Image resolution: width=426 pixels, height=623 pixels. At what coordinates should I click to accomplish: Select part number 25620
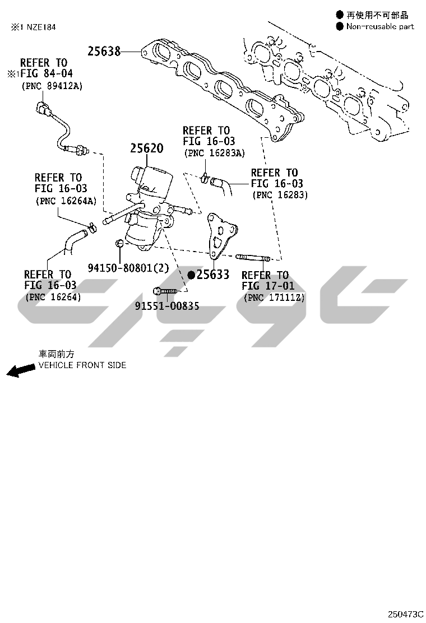click(147, 148)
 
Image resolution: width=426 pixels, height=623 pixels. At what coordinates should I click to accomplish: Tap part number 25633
click(213, 275)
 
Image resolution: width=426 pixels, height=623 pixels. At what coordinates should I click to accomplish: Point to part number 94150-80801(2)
click(128, 268)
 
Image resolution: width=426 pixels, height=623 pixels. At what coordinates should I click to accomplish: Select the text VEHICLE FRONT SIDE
click(82, 365)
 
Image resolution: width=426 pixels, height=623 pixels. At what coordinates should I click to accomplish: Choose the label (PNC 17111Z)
click(274, 297)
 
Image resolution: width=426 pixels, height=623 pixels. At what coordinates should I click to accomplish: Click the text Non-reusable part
click(380, 26)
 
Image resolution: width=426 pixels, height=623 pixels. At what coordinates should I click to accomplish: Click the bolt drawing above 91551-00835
click(164, 291)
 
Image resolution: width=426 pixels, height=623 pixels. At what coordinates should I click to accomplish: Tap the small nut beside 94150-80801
click(118, 243)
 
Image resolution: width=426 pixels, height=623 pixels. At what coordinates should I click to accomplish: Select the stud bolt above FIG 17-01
click(253, 258)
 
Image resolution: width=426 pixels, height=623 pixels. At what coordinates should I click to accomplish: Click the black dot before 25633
click(191, 275)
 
